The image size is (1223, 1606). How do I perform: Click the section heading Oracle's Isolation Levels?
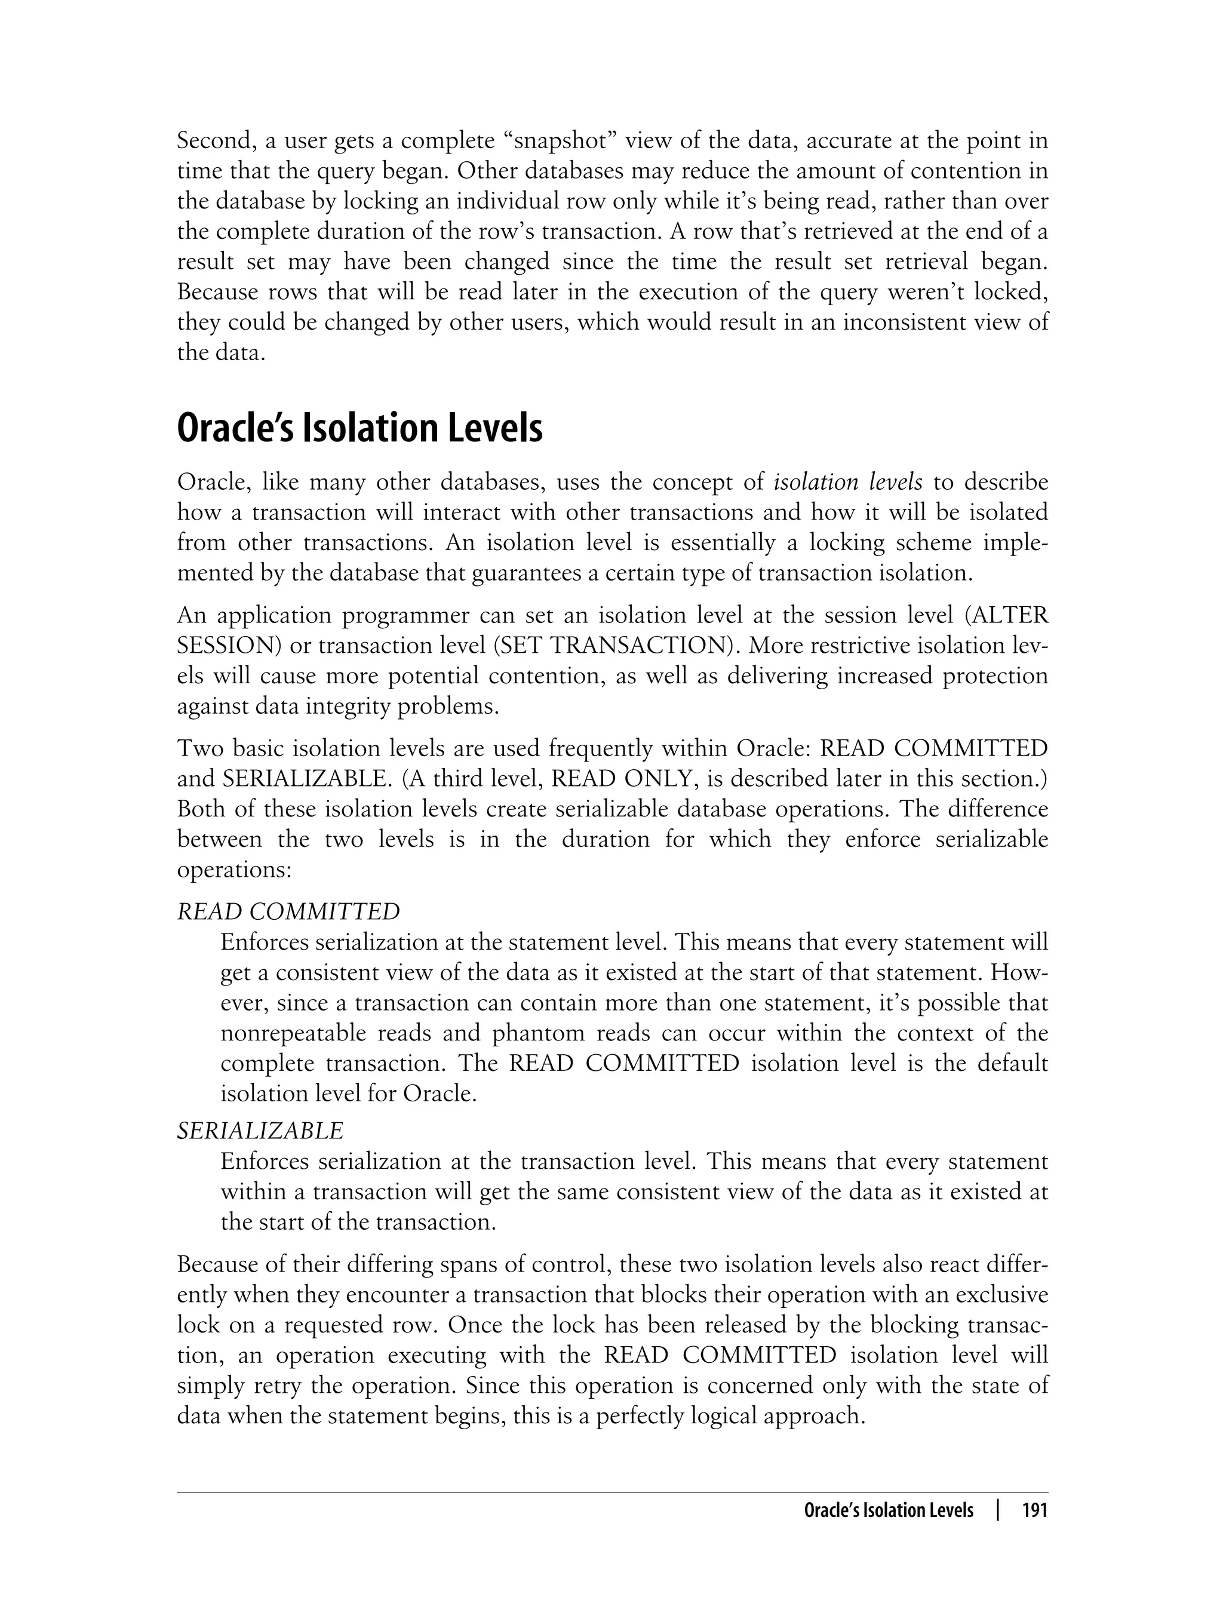point(359,429)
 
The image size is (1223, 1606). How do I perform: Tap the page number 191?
point(1034,1510)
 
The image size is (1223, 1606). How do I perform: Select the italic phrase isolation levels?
point(847,483)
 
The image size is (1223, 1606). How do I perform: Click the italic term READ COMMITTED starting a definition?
point(288,911)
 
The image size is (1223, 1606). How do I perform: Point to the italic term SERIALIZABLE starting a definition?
point(260,1131)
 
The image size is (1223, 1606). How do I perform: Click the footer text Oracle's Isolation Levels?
point(888,1510)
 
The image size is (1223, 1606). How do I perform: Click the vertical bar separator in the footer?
point(998,1510)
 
